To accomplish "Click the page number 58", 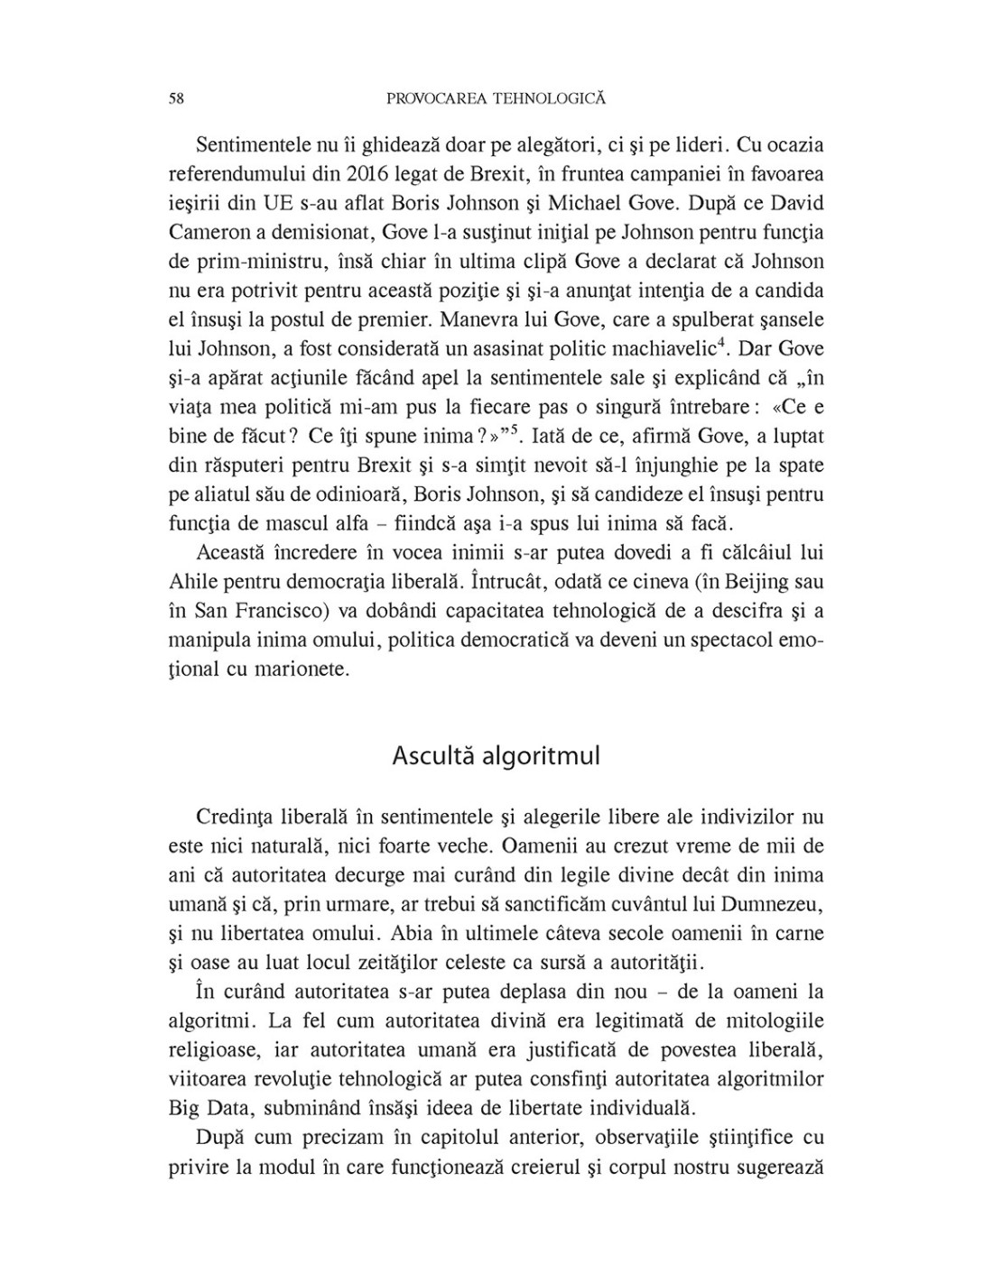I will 176,99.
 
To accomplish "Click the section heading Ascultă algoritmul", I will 496,756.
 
